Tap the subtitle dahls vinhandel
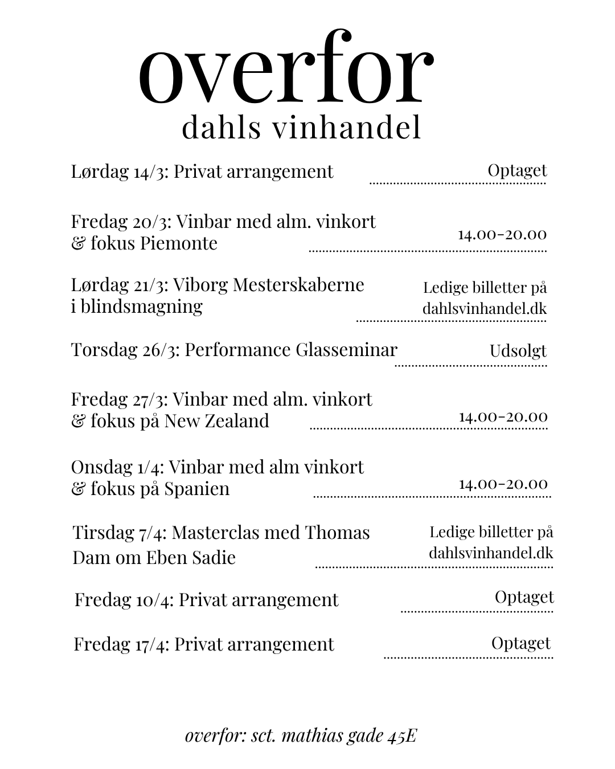pos(301,128)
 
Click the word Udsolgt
pos(518,351)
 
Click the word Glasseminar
pos(346,349)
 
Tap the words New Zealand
pos(216,421)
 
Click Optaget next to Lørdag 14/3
pos(517,170)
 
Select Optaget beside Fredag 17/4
pos(520,643)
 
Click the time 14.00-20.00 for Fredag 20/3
pos(502,234)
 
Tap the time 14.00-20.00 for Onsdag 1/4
pos(503,484)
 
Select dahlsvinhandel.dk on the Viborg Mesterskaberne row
pos(484,309)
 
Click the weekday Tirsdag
pos(102,533)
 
